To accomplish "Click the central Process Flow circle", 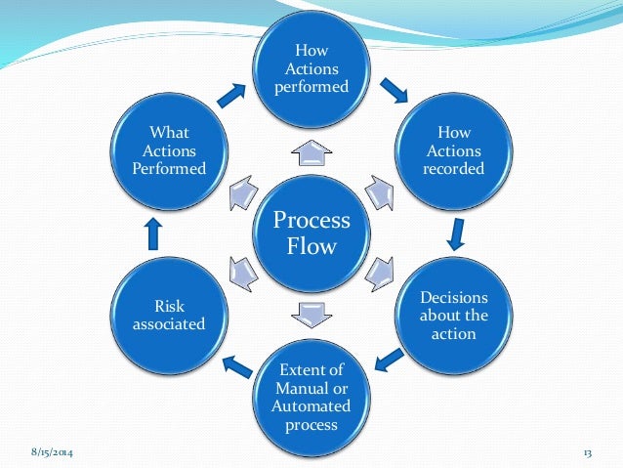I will pos(311,234).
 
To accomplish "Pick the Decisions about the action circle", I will pos(452,316).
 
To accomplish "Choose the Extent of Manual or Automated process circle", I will pos(311,398).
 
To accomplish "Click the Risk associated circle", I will pos(169,316).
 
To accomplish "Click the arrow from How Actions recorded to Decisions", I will pos(454,234).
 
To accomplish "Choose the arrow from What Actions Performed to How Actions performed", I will pos(231,95).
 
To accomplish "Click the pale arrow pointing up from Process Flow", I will pos(311,150).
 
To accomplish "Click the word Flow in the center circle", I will pos(311,245).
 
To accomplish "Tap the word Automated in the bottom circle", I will pos(311,407).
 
